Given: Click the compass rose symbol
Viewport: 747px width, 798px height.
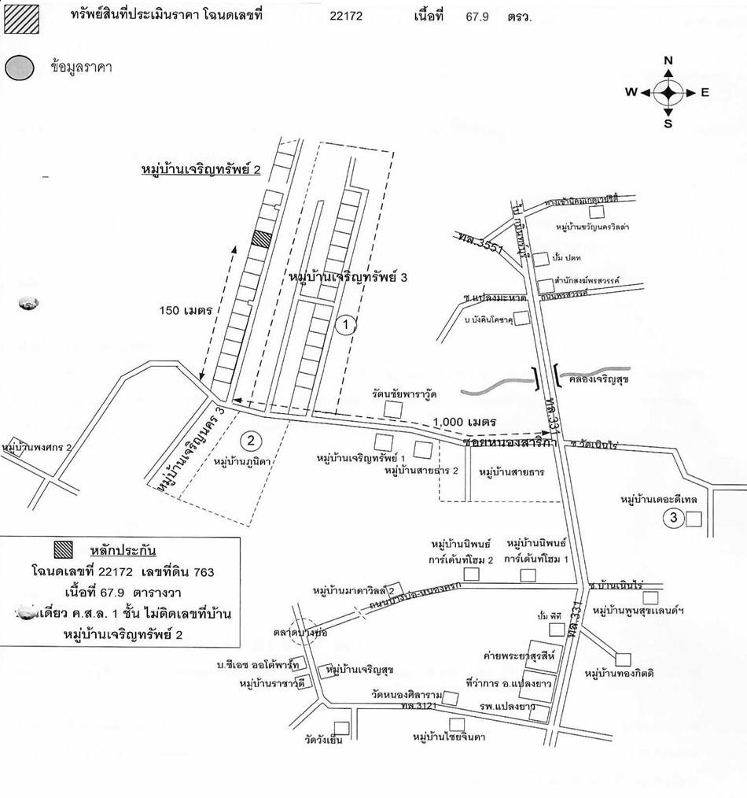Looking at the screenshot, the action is (x=668, y=93).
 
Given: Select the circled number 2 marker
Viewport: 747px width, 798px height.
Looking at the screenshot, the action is (x=249, y=441).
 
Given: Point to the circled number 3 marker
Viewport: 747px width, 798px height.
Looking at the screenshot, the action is (x=673, y=518).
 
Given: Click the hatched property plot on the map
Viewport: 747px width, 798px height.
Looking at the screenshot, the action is (x=261, y=239).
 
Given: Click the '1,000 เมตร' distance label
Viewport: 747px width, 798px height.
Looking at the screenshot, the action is (x=468, y=423).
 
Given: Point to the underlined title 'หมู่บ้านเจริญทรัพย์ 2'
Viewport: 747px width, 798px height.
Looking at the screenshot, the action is (x=201, y=169).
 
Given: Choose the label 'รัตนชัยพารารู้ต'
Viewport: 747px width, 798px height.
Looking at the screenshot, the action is (x=405, y=393).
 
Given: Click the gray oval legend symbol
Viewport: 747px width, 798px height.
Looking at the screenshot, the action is (x=19, y=68).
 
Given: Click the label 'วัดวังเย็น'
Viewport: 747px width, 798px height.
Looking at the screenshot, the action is (x=324, y=739).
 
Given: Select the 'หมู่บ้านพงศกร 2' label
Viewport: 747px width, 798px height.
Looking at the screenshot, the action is (x=37, y=447).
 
